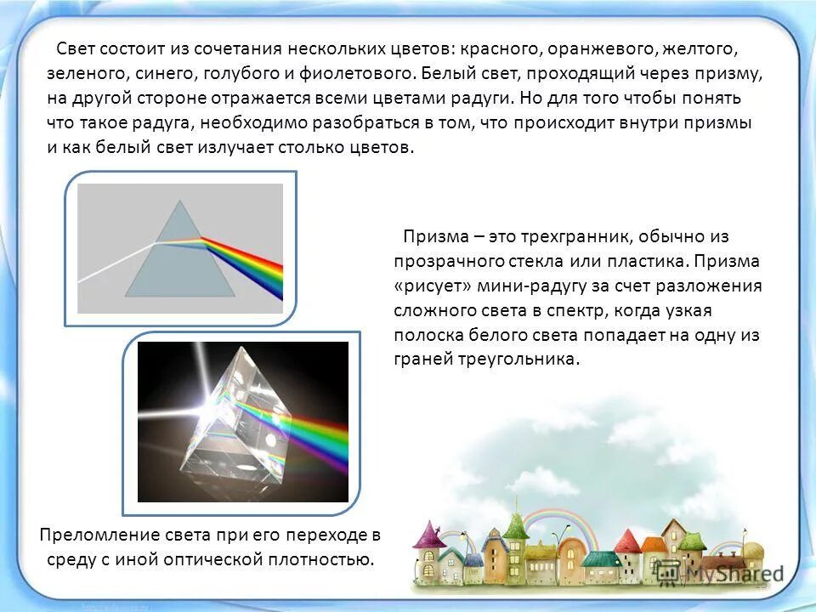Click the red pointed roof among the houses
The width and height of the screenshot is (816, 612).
click(x=627, y=539)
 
